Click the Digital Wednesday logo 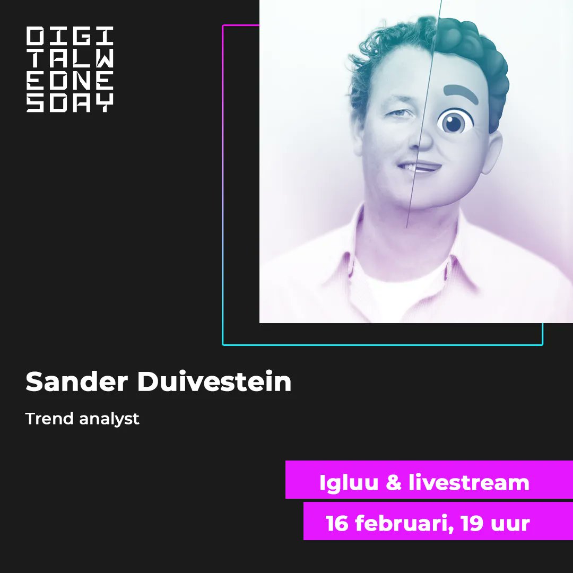point(70,70)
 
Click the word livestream point(469,483)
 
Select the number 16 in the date point(337,524)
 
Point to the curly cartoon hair point(472,53)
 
